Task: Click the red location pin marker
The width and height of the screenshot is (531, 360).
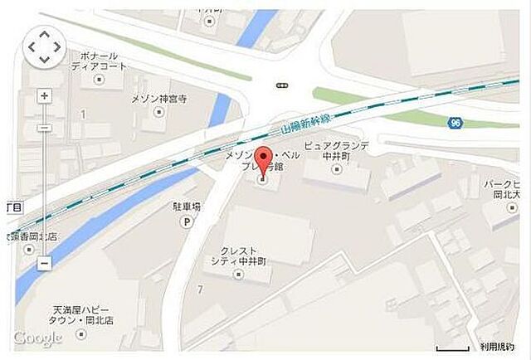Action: [x=263, y=159]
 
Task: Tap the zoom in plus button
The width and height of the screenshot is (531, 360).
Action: [x=45, y=95]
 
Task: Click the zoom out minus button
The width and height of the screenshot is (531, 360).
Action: [x=45, y=262]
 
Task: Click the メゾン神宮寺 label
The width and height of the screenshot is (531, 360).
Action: [x=160, y=99]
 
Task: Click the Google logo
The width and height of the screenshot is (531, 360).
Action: [x=38, y=338]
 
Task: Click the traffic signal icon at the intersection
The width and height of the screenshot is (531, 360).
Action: [x=282, y=84]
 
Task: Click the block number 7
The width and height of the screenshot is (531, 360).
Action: [x=199, y=288]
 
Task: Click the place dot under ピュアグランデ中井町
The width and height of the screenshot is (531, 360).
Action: [x=336, y=169]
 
